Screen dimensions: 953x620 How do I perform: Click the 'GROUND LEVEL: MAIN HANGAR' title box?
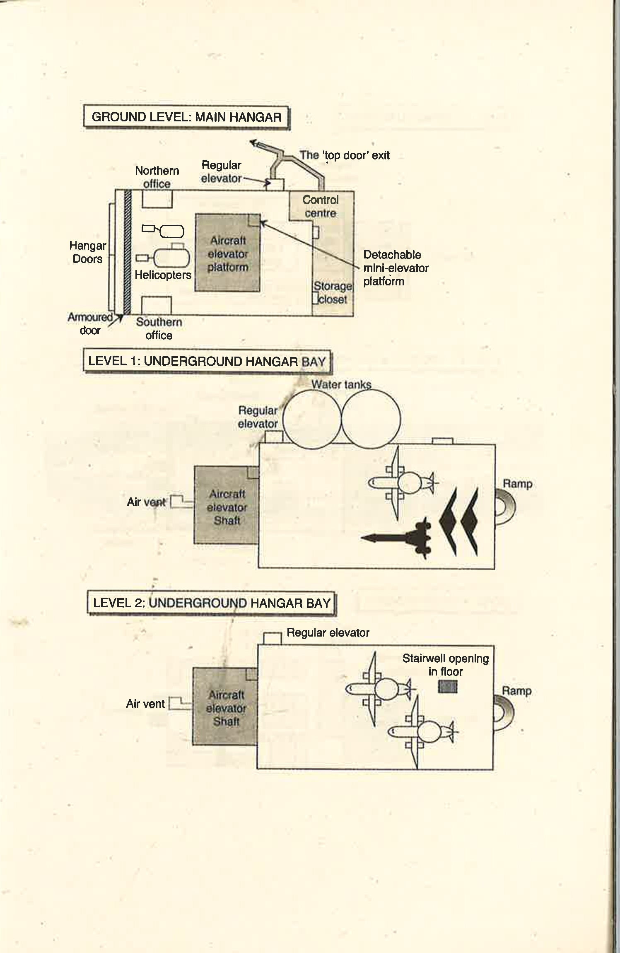tap(186, 117)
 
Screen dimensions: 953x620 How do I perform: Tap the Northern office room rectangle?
tap(157, 199)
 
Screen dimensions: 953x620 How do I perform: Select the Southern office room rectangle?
tap(157, 305)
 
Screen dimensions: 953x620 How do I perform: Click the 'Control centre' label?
tap(320, 206)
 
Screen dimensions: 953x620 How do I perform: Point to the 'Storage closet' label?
tap(333, 292)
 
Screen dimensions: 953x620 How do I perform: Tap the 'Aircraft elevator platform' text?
tap(228, 253)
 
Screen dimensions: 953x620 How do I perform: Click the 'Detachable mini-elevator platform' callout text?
tap(396, 268)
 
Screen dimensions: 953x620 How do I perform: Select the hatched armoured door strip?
tap(128, 252)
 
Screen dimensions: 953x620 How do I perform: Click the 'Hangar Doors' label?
tap(87, 252)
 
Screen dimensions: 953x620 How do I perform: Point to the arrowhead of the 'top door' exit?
tap(253, 143)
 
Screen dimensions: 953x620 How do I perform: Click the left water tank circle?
tap(312, 420)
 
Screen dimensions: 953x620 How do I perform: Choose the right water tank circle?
tap(371, 420)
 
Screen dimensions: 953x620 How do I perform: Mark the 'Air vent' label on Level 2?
tap(145, 703)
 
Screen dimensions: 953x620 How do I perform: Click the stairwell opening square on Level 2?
tap(448, 687)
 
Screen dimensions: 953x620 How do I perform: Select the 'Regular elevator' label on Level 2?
tap(328, 632)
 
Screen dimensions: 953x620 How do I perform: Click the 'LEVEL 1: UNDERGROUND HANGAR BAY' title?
tap(207, 361)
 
